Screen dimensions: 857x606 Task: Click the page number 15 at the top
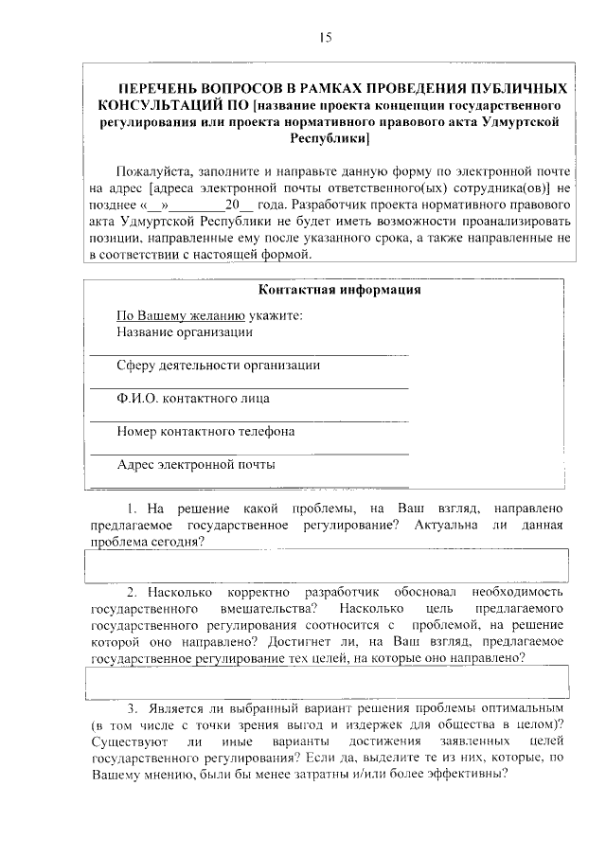click(325, 37)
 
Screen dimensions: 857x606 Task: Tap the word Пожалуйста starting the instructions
click(151, 172)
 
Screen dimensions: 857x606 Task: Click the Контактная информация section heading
click(339, 290)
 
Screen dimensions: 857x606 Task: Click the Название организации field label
click(185, 331)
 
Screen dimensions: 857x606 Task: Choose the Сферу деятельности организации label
click(218, 365)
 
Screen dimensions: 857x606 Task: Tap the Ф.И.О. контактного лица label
click(193, 398)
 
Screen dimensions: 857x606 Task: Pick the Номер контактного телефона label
click(205, 431)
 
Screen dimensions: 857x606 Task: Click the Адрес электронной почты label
click(196, 464)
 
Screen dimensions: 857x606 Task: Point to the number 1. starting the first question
click(134, 509)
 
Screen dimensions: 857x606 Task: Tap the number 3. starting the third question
click(134, 708)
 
